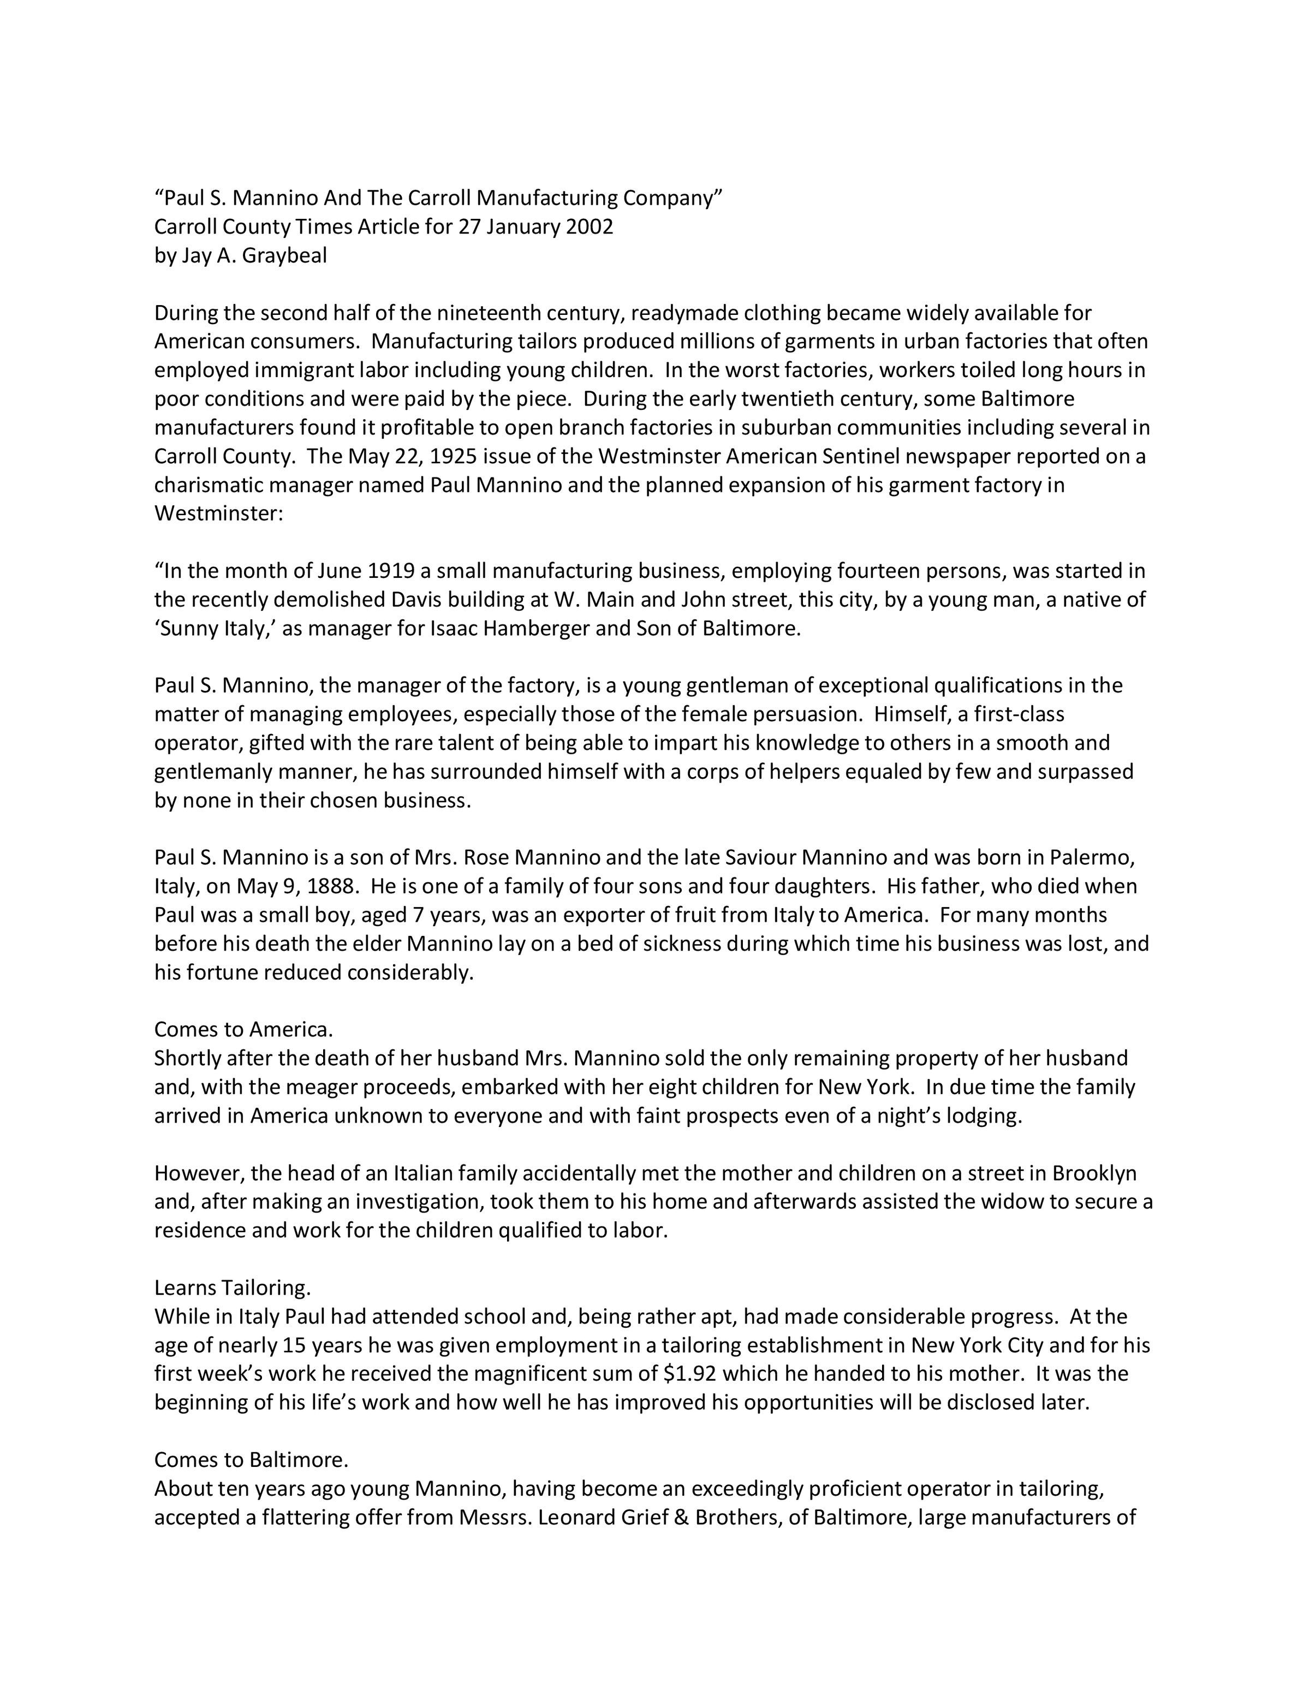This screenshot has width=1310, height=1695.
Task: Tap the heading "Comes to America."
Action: [x=243, y=1029]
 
